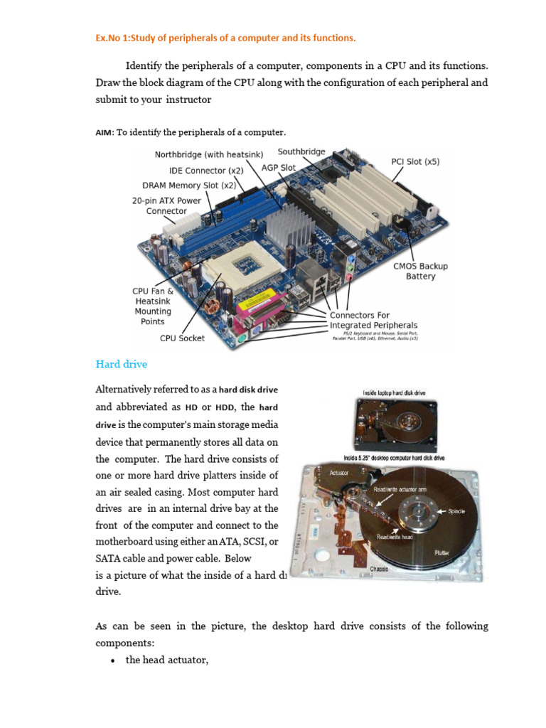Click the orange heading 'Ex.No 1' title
225,38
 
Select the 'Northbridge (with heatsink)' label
209,154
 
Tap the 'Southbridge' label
301,151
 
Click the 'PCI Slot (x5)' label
415,161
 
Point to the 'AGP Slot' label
279,168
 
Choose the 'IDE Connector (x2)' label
205,171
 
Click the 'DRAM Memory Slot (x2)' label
188,186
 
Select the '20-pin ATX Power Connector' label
166,205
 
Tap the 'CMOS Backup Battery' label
420,271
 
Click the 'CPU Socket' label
182,338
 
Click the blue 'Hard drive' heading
122,364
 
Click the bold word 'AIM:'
105,132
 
